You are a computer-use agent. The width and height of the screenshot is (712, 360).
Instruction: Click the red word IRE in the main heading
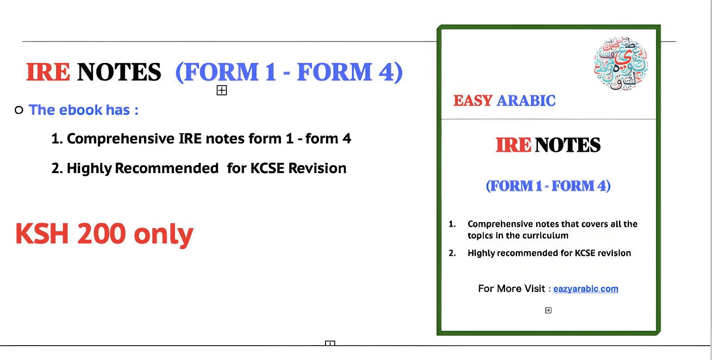tap(48, 72)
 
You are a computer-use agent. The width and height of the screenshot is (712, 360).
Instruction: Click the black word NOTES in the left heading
tap(119, 72)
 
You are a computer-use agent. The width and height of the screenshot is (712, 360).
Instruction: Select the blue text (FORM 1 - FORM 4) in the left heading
tap(289, 72)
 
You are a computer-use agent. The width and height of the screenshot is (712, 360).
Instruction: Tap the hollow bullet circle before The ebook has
tap(19, 110)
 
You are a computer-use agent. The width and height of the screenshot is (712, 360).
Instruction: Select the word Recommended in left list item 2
tap(167, 168)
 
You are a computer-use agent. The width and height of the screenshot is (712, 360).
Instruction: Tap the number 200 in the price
tap(101, 234)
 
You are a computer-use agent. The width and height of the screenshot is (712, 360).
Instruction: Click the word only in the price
tap(164, 235)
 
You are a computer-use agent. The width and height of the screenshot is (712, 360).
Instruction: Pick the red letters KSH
tap(42, 234)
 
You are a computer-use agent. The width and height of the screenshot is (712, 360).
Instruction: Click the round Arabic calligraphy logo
tap(621, 63)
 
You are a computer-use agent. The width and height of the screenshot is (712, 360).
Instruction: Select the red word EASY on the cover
tap(473, 101)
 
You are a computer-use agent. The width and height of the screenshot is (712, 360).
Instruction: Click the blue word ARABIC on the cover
tap(526, 101)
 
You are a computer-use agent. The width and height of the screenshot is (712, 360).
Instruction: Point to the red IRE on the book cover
tap(513, 145)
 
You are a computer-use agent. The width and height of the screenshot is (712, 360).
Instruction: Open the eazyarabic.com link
tap(586, 289)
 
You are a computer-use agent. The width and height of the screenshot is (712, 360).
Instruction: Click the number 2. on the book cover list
tap(452, 253)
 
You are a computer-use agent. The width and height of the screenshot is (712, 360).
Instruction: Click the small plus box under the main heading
tap(222, 91)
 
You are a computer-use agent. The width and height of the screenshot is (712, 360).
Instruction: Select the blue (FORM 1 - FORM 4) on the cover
tap(548, 186)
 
